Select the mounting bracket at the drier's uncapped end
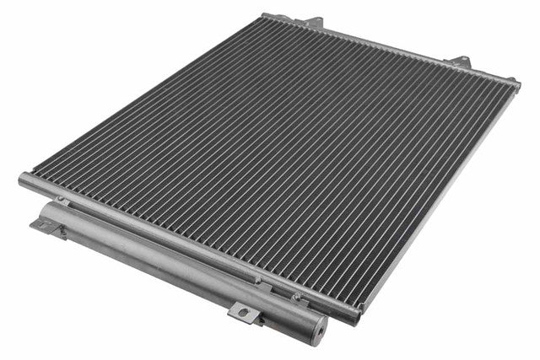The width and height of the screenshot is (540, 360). point(47,225)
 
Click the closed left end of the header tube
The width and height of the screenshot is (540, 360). point(23,180)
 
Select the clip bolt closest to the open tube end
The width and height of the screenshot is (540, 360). point(294,296)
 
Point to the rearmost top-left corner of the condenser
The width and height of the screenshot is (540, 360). point(267,15)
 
